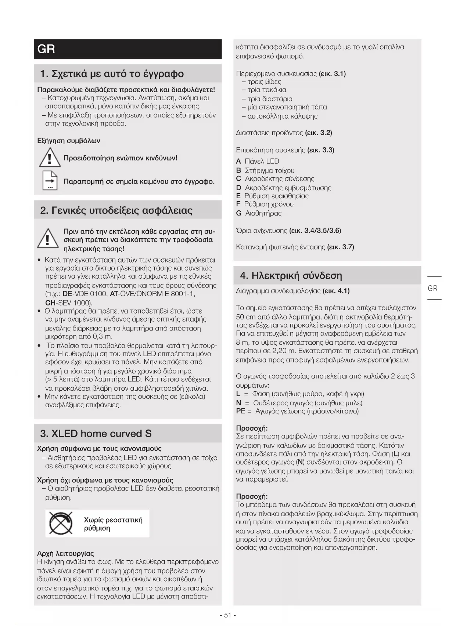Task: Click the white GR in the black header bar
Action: click(46, 49)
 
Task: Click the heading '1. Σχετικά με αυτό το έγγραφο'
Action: click(112, 74)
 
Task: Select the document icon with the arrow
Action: click(50, 181)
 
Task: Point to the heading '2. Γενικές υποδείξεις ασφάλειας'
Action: click(116, 210)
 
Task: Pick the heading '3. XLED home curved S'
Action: click(96, 434)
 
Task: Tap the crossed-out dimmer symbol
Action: click(61, 523)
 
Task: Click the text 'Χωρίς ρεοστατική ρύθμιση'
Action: click(113, 524)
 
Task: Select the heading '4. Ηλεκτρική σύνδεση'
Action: click(291, 275)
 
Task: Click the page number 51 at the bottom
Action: click(227, 615)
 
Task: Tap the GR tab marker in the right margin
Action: click(433, 289)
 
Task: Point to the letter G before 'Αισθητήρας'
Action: click(239, 213)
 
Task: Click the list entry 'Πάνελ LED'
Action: click(262, 161)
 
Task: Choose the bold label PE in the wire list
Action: click(241, 411)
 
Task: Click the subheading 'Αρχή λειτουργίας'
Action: click(66, 553)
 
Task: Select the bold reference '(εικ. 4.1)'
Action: click(336, 291)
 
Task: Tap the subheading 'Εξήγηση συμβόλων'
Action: click(69, 141)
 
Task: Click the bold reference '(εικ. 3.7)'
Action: click(341, 247)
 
